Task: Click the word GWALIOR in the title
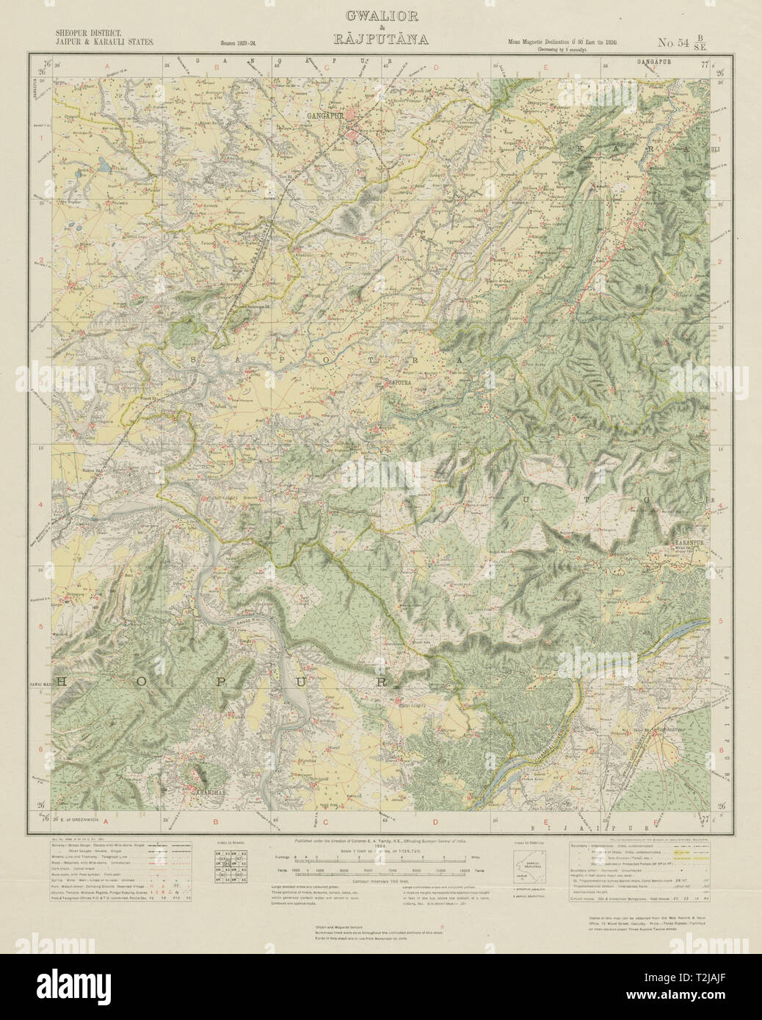(x=380, y=16)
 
